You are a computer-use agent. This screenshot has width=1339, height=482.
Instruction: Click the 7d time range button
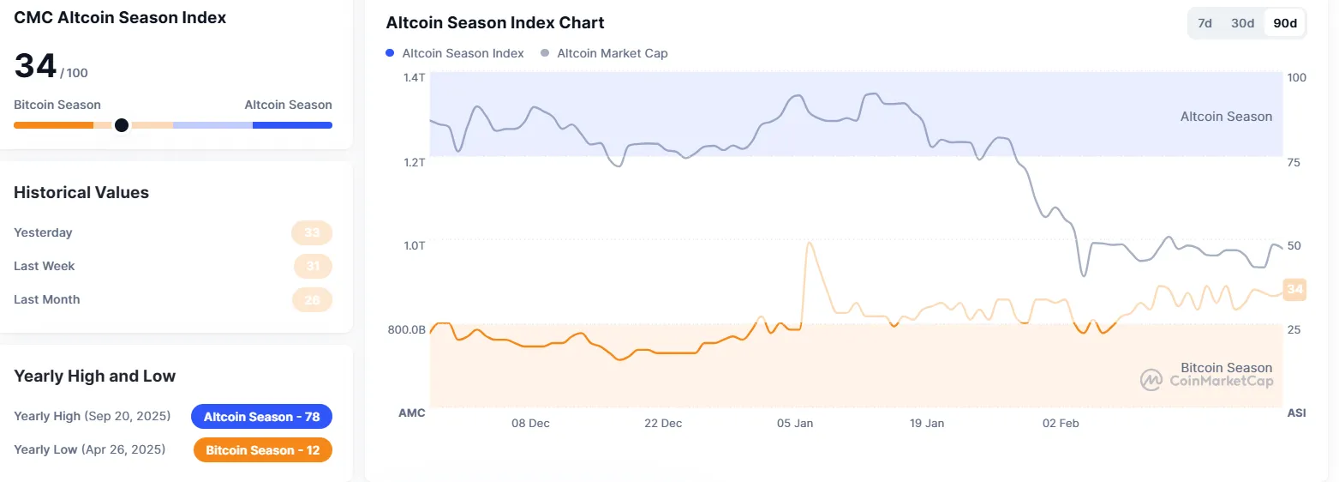click(1205, 23)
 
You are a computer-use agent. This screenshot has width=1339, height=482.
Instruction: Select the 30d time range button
click(1243, 23)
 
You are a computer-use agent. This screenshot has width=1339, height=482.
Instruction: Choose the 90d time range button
click(1285, 23)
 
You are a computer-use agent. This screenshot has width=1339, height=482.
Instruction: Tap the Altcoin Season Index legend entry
click(455, 53)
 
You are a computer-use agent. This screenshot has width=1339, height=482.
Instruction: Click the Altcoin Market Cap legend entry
click(604, 53)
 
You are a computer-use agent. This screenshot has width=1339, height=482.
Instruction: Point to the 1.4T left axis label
click(414, 77)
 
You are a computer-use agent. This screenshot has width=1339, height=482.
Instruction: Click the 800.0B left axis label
click(406, 329)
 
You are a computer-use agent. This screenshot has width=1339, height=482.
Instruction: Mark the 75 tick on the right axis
click(1295, 161)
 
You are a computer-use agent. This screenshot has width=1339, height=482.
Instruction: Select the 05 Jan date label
click(795, 424)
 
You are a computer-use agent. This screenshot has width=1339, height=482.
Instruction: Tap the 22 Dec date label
click(663, 424)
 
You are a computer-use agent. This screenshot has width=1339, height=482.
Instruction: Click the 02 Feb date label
click(1060, 424)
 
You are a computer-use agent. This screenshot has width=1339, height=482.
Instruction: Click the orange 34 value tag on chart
click(1294, 290)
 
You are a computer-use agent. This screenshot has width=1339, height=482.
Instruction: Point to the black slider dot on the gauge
click(122, 125)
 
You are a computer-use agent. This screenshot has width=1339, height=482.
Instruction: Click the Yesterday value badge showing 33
click(312, 232)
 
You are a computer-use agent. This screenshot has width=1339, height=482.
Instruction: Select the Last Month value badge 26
click(312, 299)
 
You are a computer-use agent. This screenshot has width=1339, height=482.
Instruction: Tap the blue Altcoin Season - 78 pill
click(261, 417)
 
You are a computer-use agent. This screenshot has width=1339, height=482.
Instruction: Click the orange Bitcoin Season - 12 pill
click(262, 450)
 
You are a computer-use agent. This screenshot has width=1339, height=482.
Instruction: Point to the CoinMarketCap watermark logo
click(1150, 380)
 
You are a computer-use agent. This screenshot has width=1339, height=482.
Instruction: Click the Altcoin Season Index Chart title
click(495, 23)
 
